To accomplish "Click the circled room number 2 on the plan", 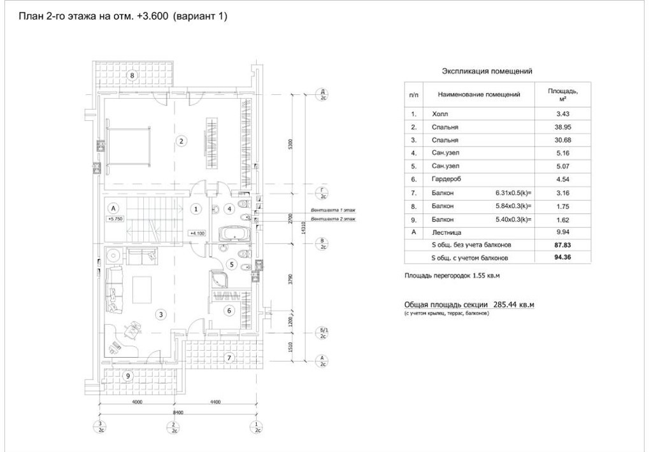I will [182, 141].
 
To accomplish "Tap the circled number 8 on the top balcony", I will [132, 76].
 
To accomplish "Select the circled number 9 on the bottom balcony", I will [128, 376].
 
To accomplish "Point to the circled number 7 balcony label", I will [229, 358].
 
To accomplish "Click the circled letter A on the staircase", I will [113, 208].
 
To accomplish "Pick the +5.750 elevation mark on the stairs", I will [115, 218].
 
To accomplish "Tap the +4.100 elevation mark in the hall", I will [197, 233].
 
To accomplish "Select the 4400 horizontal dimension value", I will [215, 402].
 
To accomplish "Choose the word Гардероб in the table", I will [447, 180].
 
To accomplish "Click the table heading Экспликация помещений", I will [487, 72].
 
